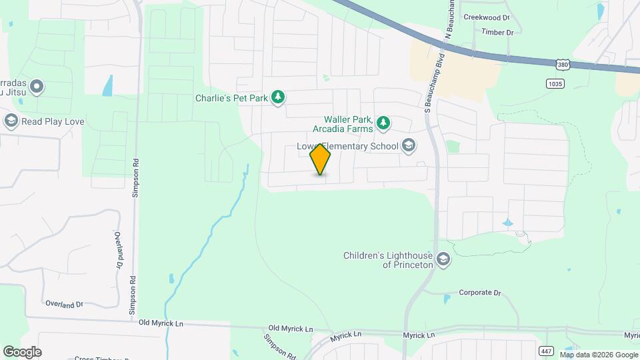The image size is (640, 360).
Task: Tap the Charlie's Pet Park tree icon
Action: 278,98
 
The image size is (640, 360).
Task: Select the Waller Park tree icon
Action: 383,123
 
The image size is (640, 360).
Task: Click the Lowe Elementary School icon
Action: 409,146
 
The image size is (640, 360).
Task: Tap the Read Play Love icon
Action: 11,121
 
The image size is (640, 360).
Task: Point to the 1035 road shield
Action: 554,83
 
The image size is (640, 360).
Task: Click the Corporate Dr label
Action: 479,293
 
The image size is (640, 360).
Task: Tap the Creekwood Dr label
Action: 486,17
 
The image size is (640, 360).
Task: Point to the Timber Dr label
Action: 497,32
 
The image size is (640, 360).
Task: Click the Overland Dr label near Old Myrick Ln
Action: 64,304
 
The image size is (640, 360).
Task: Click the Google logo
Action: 22,351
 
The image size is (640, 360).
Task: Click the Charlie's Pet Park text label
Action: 231,98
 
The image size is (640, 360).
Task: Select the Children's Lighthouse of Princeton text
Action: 388,260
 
